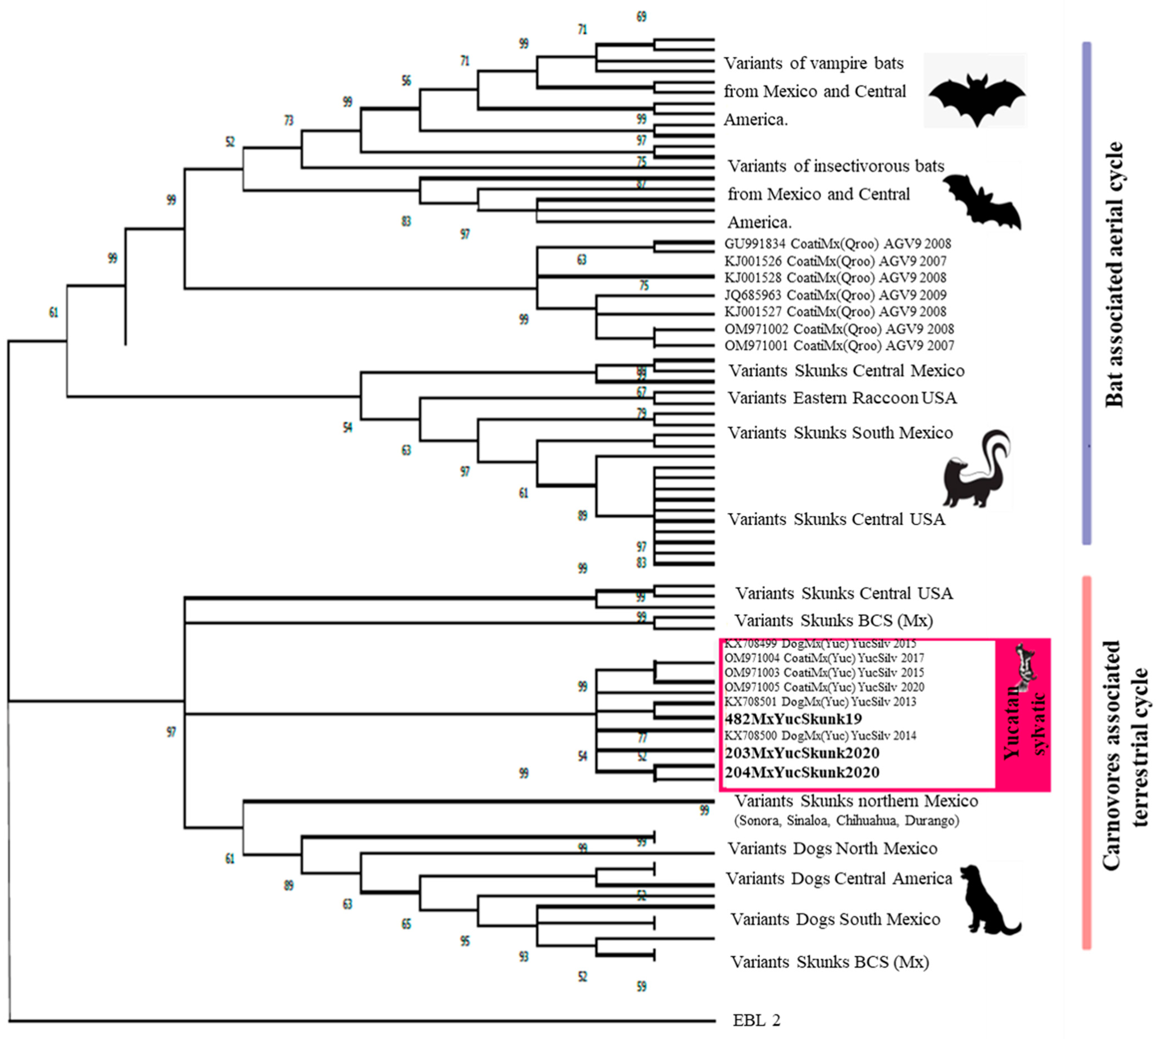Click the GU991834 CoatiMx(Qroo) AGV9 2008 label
point(837,244)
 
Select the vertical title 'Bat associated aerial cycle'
point(1114,274)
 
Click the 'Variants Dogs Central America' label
point(838,878)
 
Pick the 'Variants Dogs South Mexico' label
point(835,919)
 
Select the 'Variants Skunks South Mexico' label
point(839,433)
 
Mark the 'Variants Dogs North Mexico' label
point(832,848)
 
